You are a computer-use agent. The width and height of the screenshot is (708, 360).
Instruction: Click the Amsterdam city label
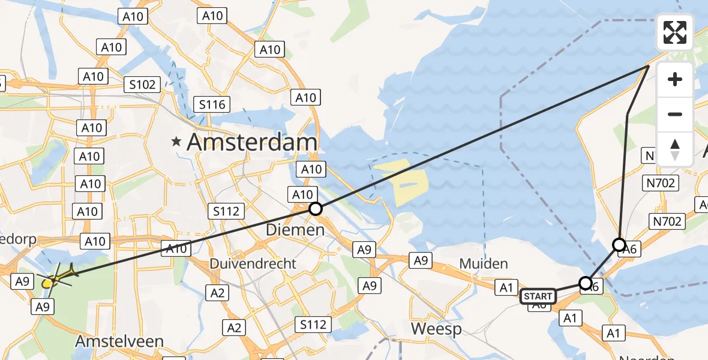[x=252, y=143]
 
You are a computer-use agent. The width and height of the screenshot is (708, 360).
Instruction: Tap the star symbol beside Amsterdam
[x=176, y=143]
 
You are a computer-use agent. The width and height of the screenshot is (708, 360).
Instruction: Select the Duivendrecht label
[x=253, y=263]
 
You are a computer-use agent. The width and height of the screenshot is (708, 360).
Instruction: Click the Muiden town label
[x=484, y=263]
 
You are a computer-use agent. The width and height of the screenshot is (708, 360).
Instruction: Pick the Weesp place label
[x=436, y=329]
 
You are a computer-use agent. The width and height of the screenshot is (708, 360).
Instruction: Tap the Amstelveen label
[x=119, y=341]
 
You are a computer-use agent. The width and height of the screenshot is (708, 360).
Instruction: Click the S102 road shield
[x=142, y=85]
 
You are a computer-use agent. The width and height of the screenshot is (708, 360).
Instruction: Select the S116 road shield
[x=212, y=105]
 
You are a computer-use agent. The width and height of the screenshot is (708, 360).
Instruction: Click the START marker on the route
[x=537, y=296]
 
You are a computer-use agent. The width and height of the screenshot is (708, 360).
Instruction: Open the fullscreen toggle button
[x=675, y=32]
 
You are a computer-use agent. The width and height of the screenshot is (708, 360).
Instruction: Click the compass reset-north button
[x=675, y=149]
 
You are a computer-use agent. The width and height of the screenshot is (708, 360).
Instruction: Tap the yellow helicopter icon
[x=57, y=277]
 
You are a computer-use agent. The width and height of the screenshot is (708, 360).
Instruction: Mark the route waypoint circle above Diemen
[x=315, y=209]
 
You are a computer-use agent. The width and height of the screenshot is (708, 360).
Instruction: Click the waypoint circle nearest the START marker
[x=586, y=283]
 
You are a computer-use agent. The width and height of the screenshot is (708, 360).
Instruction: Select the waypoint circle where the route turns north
[x=619, y=245]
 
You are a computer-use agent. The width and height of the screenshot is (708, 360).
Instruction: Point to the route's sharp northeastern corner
[x=649, y=66]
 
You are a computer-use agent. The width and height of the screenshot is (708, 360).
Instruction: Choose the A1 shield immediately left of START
[x=506, y=287]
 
